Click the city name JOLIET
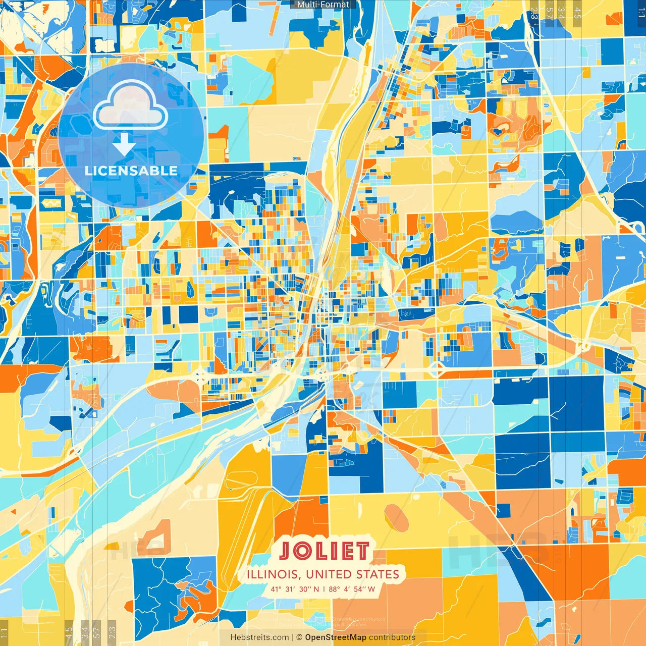(324, 551)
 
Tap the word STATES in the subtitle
(378, 574)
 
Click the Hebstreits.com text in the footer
(259, 637)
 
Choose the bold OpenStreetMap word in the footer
(336, 637)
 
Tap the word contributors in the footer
(392, 637)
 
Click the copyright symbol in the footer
(299, 637)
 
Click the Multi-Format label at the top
(323, 5)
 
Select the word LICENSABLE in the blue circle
(131, 171)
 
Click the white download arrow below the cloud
(124, 145)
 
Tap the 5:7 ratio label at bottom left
(97, 632)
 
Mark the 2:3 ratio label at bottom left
(112, 632)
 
